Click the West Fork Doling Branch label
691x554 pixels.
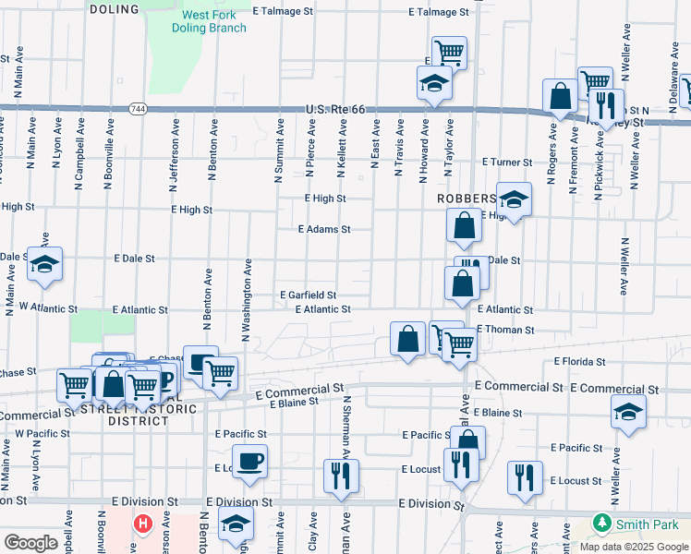tap(209, 21)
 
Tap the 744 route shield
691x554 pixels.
tap(137, 108)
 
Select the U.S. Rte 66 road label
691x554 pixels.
tap(342, 110)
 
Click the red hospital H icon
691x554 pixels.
tap(142, 524)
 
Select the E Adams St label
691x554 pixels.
tap(323, 229)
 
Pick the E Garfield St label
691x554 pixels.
tap(309, 295)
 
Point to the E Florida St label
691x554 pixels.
tap(579, 362)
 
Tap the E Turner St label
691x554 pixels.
tap(507, 162)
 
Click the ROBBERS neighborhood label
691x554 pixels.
tap(467, 199)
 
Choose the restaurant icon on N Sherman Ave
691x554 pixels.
tap(340, 475)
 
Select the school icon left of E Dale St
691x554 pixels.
tap(44, 264)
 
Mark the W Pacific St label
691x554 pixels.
tap(42, 433)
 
